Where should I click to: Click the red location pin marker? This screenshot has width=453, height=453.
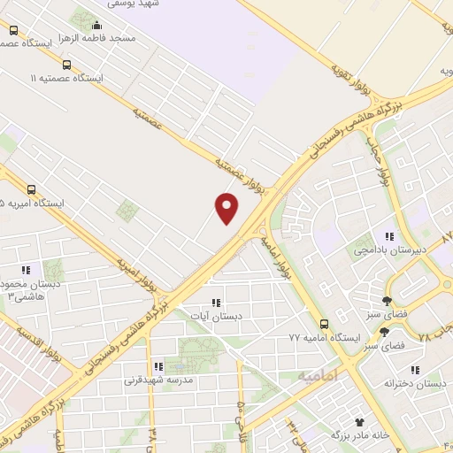point(227,207)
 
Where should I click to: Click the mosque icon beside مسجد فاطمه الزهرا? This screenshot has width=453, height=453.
point(96,25)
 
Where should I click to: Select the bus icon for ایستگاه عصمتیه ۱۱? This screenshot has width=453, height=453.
point(67,65)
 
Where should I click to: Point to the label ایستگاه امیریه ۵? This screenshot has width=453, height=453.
point(33,203)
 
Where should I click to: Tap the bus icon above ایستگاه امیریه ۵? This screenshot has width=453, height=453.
point(32,189)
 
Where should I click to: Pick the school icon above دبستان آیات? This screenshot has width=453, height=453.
point(215,302)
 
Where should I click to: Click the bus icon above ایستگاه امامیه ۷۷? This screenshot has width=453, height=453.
point(325,324)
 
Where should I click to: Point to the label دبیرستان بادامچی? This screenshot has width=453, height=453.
point(386,250)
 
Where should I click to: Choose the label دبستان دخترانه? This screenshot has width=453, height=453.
point(415,382)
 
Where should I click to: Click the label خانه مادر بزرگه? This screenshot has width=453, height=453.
point(359,435)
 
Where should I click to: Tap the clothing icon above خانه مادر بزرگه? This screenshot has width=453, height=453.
point(359,423)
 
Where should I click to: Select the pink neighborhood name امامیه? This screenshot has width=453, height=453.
point(317,377)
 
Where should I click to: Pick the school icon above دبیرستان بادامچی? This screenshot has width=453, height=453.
point(388,236)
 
